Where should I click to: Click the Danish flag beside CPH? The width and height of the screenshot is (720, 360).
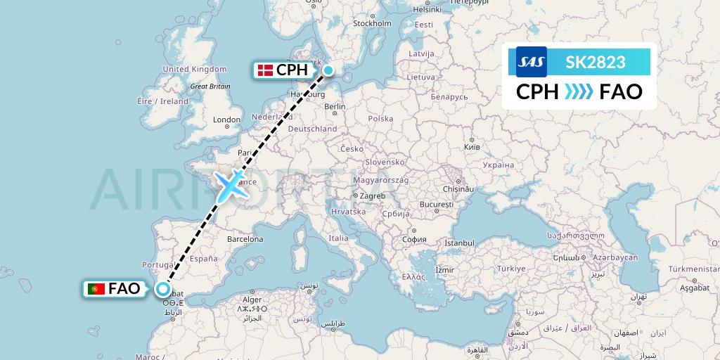click(x=265, y=70)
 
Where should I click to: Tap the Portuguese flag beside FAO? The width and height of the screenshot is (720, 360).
click(x=96, y=289)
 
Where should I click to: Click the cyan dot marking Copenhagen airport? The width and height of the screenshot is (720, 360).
click(x=328, y=70)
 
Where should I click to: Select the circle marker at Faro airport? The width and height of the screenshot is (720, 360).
click(x=163, y=289)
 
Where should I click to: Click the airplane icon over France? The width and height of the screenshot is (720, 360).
click(x=231, y=183)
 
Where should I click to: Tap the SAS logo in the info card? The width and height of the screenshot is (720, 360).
click(x=531, y=63)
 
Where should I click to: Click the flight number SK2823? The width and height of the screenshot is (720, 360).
click(x=596, y=63)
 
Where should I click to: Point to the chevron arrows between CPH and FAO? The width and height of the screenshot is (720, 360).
click(x=579, y=92)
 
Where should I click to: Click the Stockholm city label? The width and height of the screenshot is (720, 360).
click(x=372, y=23)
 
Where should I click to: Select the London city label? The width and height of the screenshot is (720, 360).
click(x=227, y=120)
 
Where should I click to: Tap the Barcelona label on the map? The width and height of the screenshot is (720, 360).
click(x=245, y=239)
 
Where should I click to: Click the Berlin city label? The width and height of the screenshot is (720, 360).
click(x=335, y=107)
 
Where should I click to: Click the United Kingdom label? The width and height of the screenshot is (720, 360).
click(x=195, y=69)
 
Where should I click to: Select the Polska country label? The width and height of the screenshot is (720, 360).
click(x=380, y=119)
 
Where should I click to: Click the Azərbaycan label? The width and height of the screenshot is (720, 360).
click(x=616, y=257)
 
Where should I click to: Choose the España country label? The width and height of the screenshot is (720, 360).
click(x=203, y=258)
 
